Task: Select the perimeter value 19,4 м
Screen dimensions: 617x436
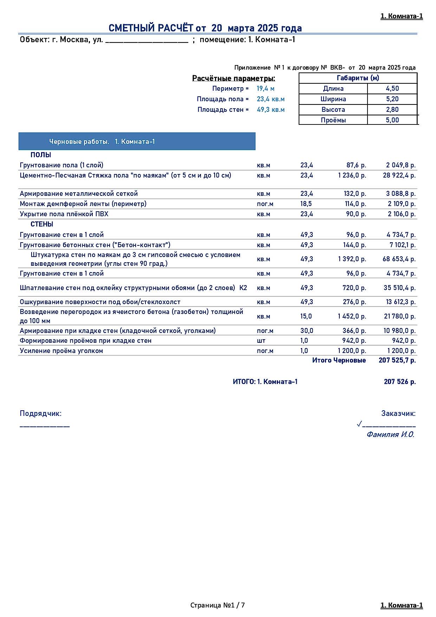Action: [x=265, y=89]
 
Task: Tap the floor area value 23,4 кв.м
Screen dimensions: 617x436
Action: [x=271, y=99]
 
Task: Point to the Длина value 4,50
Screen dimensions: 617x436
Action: [x=392, y=89]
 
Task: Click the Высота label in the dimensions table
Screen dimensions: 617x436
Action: [x=333, y=110]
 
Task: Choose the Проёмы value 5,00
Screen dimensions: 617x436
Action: [x=392, y=120]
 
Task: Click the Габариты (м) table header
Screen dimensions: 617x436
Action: [x=358, y=78]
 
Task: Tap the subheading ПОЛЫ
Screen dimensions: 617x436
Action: [x=41, y=155]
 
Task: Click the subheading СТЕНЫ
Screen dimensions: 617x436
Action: [x=42, y=224]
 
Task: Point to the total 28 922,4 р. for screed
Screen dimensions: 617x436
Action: [x=399, y=175]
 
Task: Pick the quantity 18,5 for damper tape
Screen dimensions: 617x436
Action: [x=306, y=204]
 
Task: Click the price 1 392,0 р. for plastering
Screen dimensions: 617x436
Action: [x=352, y=259]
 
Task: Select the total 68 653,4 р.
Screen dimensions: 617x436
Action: [x=399, y=259]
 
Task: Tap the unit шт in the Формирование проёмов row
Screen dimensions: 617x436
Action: [x=261, y=341]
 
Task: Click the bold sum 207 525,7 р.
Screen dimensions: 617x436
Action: [x=397, y=360]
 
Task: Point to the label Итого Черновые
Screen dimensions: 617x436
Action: [x=339, y=360]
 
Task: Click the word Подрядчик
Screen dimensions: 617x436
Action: [x=40, y=413]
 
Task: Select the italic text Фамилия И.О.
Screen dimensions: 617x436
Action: [x=390, y=435]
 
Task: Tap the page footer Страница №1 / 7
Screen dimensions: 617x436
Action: [x=217, y=605]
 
